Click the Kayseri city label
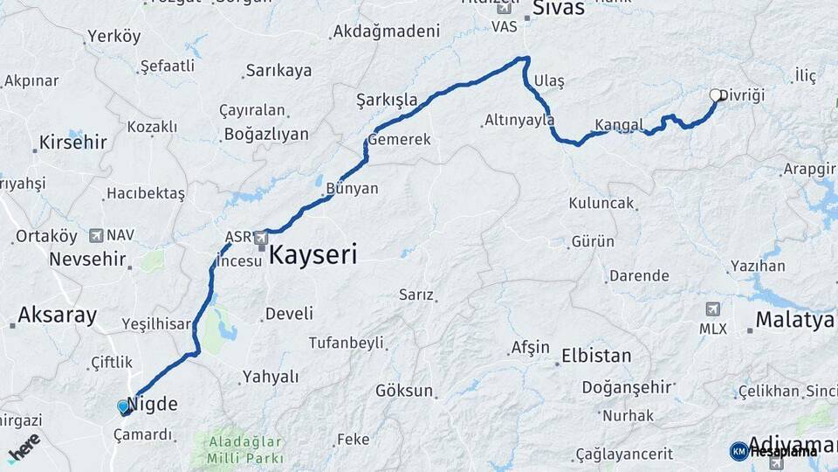tap(312, 255)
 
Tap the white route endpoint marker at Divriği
tap(716, 95)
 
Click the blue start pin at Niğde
tap(123, 406)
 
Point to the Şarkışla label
tap(387, 99)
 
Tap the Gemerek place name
tap(400, 140)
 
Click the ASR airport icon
tap(260, 237)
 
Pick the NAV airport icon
tap(95, 235)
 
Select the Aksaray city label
tap(57, 316)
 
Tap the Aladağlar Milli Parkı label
tap(245, 450)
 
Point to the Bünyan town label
tap(352, 188)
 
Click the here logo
tap(24, 448)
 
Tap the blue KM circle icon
tap(738, 451)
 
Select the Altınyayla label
tap(519, 121)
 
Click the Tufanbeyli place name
tap(347, 343)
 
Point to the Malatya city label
tap(794, 320)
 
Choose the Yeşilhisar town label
tap(156, 324)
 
